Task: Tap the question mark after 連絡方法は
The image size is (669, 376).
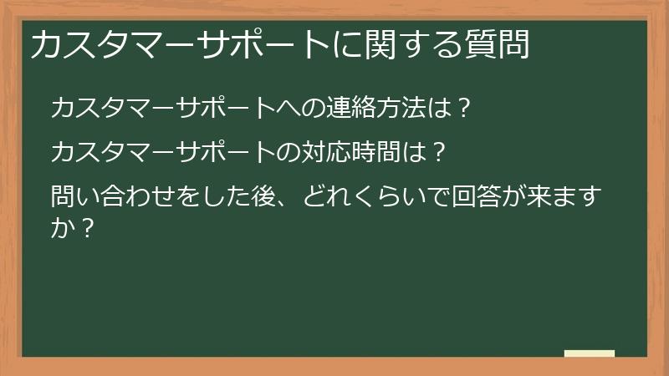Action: (x=465, y=109)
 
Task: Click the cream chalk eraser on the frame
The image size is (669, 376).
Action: (x=590, y=353)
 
